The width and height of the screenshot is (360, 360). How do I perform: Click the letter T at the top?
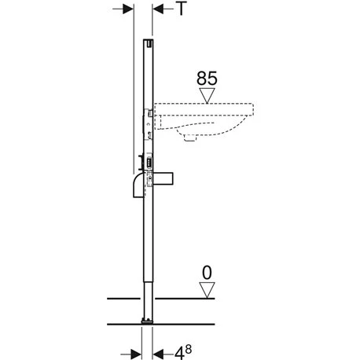click(x=182, y=9)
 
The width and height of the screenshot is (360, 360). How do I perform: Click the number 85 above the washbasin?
click(x=208, y=79)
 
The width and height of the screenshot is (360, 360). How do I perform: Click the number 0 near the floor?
click(x=208, y=275)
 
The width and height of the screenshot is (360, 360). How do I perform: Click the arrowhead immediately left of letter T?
click(x=159, y=9)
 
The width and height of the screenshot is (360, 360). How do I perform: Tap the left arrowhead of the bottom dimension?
click(x=135, y=350)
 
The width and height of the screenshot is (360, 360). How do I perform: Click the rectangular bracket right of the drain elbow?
click(x=167, y=178)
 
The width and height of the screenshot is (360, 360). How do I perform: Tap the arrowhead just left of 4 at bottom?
click(x=160, y=350)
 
